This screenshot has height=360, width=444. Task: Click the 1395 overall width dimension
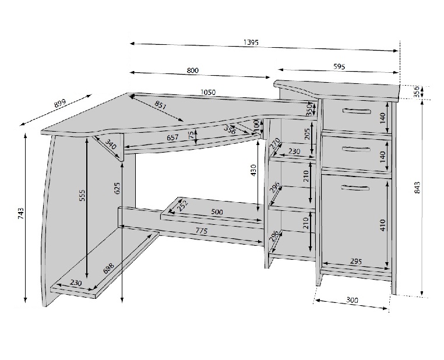251,43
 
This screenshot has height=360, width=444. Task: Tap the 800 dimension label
192,70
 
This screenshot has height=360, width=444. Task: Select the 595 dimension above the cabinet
339,67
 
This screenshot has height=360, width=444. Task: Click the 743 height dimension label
21,214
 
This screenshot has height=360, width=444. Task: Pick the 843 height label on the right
417,188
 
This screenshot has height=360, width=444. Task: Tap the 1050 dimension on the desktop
208,92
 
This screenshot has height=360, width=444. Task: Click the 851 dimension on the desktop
161,105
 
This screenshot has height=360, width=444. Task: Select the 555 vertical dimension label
82,195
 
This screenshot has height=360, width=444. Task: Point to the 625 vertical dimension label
118,188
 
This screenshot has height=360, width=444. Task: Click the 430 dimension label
253,170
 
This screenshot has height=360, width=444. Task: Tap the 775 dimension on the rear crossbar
202,231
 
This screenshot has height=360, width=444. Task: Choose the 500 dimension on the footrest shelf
217,211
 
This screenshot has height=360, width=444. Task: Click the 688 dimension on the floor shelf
108,269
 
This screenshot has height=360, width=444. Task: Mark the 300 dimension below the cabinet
353,300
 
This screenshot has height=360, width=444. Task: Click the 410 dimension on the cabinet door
383,225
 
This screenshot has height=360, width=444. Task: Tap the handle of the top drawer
356,111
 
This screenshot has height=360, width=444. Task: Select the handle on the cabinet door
355,188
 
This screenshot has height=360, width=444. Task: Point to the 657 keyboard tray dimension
172,137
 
